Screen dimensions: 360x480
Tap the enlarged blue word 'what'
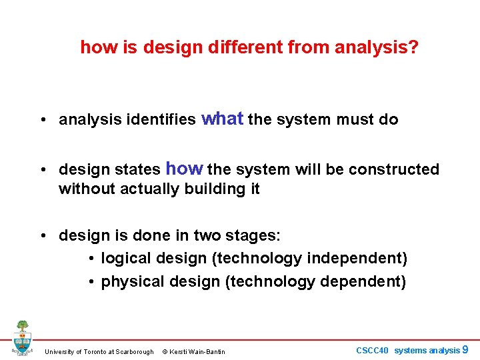coord(223,119)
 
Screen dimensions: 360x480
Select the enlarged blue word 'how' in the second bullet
coord(184,169)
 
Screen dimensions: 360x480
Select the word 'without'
coord(87,189)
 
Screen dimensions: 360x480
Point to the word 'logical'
coord(127,259)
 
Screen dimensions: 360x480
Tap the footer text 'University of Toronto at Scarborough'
coord(99,352)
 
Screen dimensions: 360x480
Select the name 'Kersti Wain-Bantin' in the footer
coord(198,352)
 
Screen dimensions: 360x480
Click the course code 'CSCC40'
coord(372,351)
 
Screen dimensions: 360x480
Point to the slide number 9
coord(465,349)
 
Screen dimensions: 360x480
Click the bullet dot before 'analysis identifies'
coord(42,121)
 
